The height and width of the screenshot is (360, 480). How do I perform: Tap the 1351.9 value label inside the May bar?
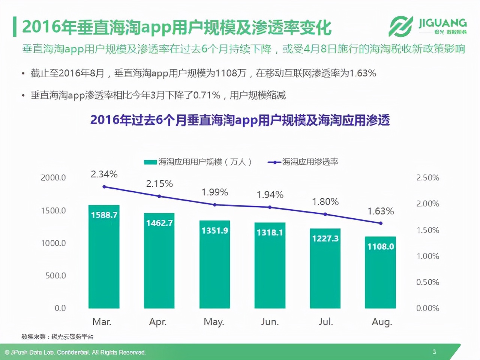coord(214,231)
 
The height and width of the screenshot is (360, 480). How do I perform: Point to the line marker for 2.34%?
coord(104,187)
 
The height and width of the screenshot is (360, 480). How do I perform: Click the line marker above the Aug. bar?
coord(381,223)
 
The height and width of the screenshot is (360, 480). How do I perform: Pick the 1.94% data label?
coord(270,195)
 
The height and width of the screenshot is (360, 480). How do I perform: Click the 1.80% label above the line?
coord(325,202)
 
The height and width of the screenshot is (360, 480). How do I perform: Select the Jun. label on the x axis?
coord(270,322)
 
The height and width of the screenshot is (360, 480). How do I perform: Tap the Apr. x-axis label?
coord(158,322)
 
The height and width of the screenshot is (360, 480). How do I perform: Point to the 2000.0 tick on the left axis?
coord(53,178)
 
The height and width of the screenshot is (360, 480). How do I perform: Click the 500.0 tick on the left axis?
coord(55,276)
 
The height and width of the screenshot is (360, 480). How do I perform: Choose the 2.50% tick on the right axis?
coord(427,178)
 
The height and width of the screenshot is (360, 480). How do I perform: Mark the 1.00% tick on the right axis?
coord(427,256)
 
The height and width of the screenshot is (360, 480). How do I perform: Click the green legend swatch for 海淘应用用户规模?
coord(150,162)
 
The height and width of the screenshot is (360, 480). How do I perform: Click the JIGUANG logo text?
coord(442,23)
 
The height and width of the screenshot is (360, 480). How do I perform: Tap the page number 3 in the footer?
coord(434,352)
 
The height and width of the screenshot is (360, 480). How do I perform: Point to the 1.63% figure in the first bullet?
coord(362,73)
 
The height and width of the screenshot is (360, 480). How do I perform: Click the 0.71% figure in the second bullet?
coord(207,95)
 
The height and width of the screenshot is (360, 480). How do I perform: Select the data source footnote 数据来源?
coord(57,337)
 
